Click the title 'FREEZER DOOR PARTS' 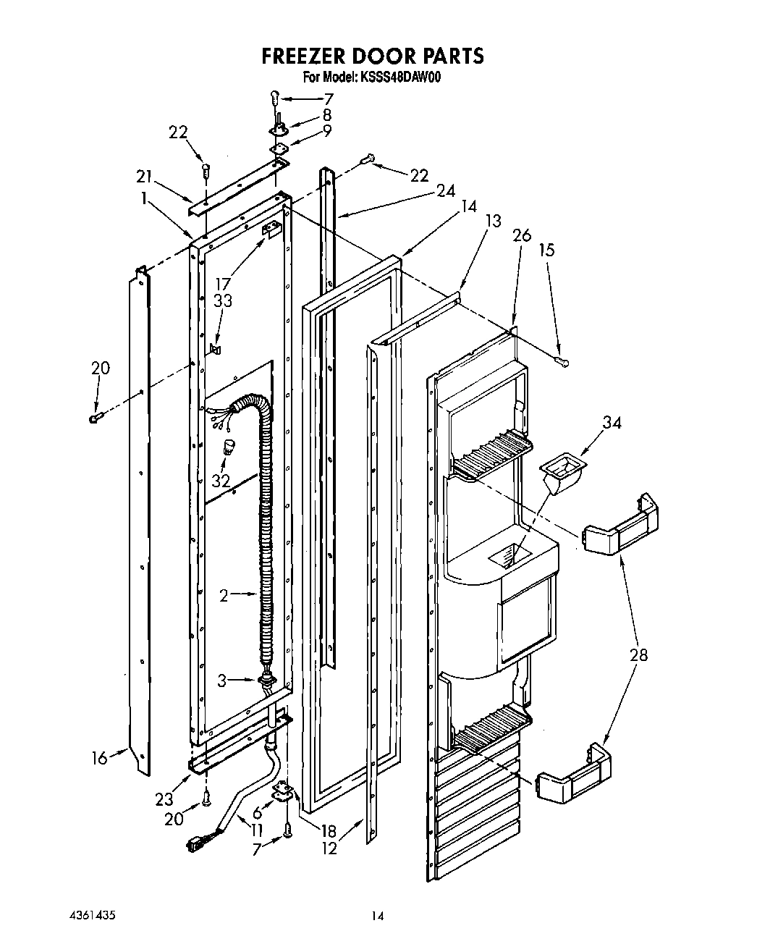click(x=372, y=56)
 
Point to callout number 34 click(x=612, y=422)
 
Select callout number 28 click(x=638, y=655)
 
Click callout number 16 click(x=100, y=758)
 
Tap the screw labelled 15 click(x=562, y=359)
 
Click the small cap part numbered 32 click(x=229, y=447)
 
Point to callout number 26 click(x=521, y=235)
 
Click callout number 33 click(x=222, y=299)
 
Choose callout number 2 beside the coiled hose click(x=224, y=595)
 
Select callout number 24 click(x=446, y=190)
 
